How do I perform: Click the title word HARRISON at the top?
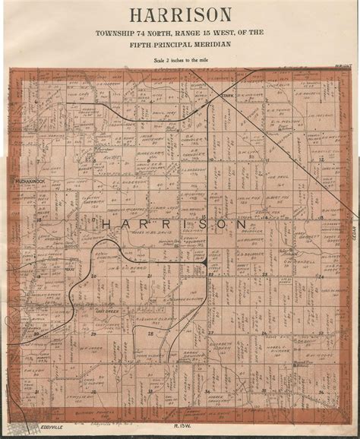pyautogui.click(x=179, y=14)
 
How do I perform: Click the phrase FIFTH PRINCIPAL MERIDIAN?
pyautogui.click(x=180, y=45)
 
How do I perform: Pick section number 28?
pyautogui.click(x=150, y=332)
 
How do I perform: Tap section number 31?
pyautogui.click(x=36, y=390)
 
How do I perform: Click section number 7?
pyautogui.click(x=36, y=161)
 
